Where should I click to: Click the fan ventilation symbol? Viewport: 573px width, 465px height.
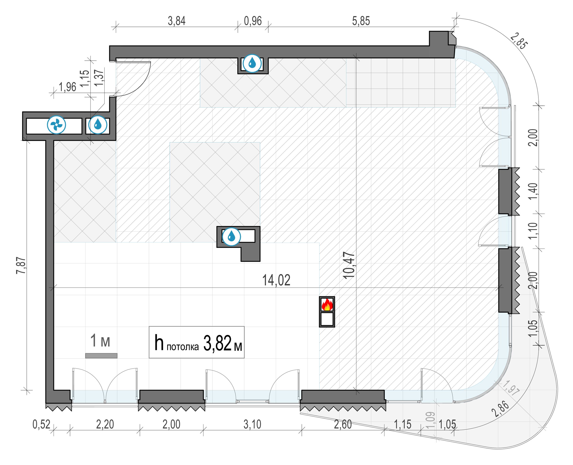56,125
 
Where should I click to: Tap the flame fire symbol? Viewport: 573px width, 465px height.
327,305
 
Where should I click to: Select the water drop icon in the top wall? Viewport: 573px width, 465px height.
252,63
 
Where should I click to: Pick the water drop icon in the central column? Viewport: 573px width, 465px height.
231,237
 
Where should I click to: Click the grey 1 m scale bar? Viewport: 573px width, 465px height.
101,356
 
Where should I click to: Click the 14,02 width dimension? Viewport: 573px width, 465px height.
276,280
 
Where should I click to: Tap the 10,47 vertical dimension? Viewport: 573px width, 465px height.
349,265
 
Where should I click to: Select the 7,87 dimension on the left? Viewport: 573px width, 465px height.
22,265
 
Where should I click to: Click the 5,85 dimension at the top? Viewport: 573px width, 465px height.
361,21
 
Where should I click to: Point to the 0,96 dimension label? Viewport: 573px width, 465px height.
253,21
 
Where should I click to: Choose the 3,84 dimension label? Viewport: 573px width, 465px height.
176,21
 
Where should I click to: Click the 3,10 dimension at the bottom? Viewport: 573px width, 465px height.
252,424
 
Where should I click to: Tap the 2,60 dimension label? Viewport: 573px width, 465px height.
343,424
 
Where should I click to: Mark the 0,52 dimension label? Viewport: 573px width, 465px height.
41,424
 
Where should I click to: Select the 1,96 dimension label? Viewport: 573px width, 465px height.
67,87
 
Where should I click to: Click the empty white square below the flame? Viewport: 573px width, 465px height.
327,319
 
